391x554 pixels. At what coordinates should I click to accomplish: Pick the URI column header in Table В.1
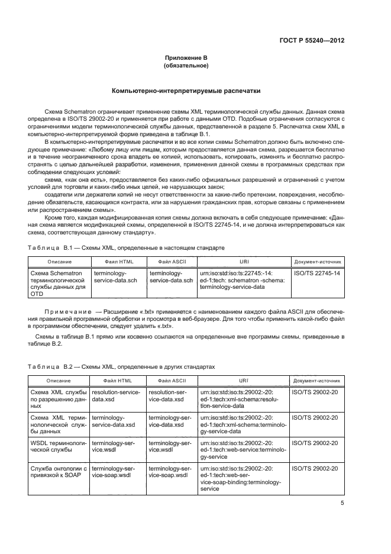pyautogui.click(x=244, y=261)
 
